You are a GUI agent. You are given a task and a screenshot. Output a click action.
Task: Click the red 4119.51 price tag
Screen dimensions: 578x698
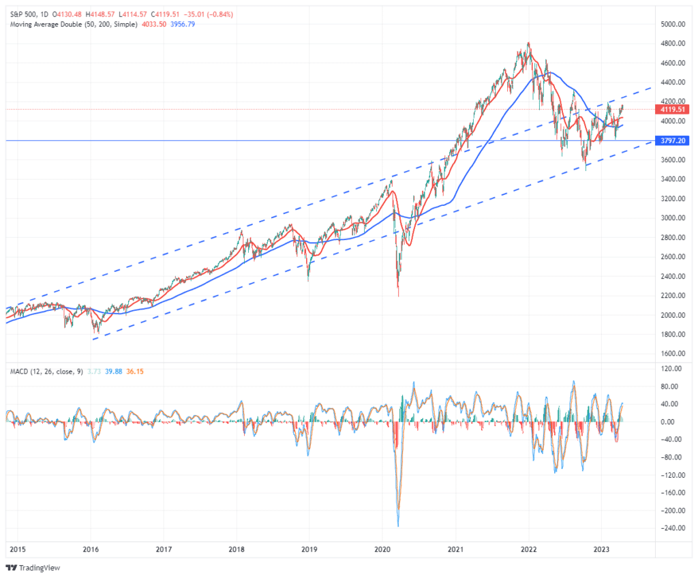(672, 109)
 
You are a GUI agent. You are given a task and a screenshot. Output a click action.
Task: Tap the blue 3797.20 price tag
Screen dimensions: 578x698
(672, 141)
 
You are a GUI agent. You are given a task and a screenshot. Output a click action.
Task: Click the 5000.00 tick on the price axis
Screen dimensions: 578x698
(672, 25)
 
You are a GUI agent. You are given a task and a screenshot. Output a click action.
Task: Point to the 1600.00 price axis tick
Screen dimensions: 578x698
(672, 354)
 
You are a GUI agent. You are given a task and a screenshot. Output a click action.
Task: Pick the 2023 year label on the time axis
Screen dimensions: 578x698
(601, 548)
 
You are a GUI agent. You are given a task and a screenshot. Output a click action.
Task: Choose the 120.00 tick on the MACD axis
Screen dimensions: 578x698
(672, 369)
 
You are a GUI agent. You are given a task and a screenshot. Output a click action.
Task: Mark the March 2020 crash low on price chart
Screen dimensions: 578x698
(398, 296)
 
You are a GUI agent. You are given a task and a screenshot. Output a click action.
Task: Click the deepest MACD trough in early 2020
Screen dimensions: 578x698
(398, 526)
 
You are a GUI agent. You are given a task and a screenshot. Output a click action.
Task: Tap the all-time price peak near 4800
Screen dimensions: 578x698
(529, 43)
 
